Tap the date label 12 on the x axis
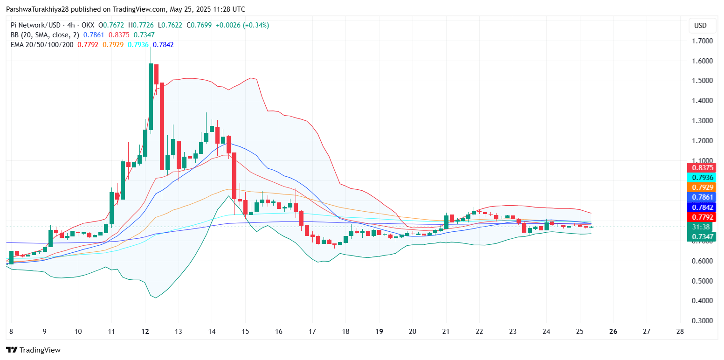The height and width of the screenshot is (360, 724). [x=145, y=332]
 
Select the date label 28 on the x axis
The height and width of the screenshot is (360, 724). [x=680, y=332]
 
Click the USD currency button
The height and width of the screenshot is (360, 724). [x=700, y=26]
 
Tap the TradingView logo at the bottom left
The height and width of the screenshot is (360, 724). [x=33, y=350]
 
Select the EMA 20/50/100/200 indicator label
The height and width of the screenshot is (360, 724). [x=42, y=45]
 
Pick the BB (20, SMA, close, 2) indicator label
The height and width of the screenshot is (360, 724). [x=45, y=35]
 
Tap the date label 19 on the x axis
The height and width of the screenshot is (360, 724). [x=379, y=332]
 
